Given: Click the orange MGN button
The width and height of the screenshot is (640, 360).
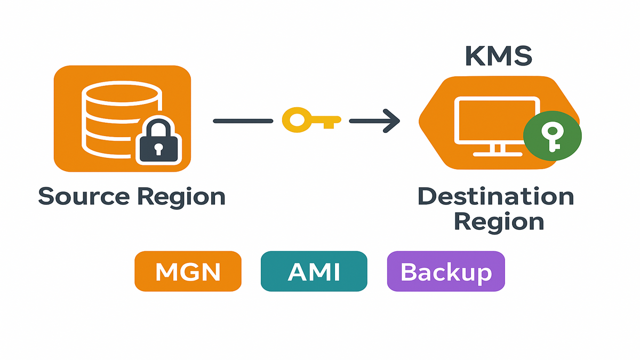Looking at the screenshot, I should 188,271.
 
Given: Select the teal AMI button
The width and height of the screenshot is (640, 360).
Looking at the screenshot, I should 314,271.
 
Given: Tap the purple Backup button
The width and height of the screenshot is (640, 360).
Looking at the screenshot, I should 445,271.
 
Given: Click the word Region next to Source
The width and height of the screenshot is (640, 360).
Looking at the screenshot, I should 181,196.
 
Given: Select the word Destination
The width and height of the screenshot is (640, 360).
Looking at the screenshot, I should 495,196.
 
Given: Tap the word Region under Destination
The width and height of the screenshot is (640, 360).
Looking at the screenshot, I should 499,221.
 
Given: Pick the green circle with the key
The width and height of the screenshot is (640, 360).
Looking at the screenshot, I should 553,136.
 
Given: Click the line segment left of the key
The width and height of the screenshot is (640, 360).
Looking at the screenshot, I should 243,121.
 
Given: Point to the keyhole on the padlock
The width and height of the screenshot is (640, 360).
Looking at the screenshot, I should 158,149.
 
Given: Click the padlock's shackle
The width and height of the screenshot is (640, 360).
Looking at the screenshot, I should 158,128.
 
